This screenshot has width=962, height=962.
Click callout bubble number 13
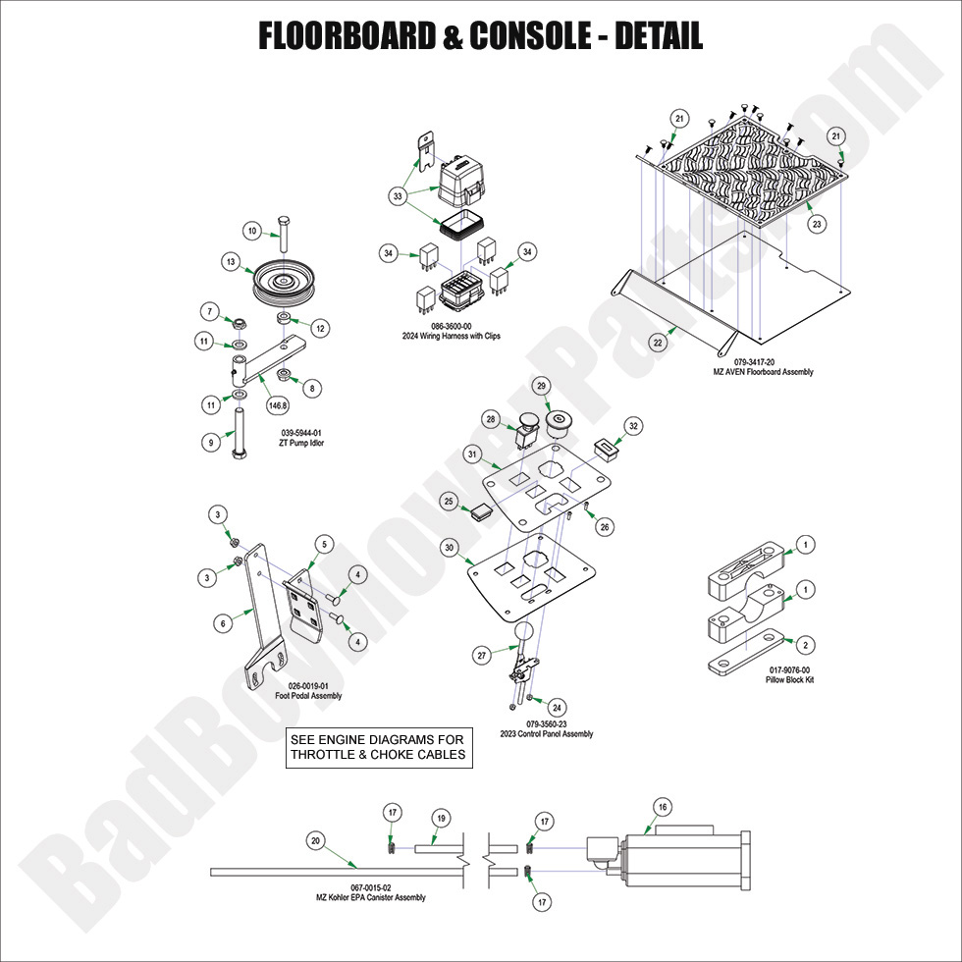231,262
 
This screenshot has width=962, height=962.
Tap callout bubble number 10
251,232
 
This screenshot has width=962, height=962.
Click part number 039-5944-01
300,432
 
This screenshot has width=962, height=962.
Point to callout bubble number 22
659,343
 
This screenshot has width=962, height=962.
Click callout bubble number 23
816,225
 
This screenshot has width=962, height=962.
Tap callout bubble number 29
541,387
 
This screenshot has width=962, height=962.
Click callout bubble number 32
634,426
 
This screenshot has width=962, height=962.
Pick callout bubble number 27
482,654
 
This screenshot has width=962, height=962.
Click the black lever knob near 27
524,633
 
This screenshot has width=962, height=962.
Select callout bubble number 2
805,645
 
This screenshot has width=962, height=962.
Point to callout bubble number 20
315,840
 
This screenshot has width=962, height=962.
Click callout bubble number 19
441,818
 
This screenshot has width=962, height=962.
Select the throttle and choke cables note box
377,748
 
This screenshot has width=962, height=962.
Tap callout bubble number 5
325,544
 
